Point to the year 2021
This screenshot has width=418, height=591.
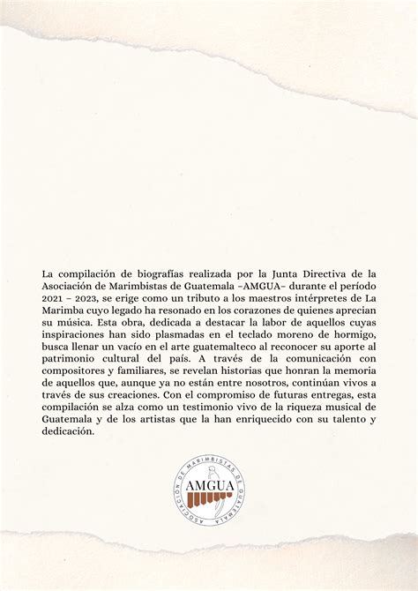(x=56, y=299)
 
